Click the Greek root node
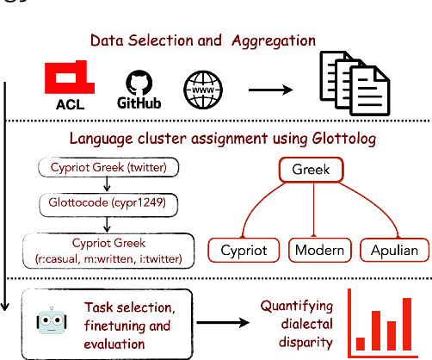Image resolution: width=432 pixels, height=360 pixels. click(x=304, y=169)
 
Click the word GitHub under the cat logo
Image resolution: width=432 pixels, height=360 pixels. click(x=139, y=102)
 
